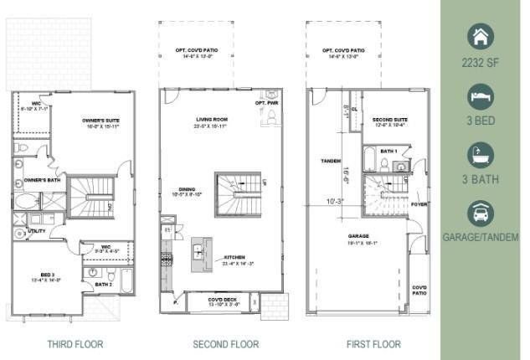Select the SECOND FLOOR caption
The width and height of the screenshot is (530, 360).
click(x=225, y=344)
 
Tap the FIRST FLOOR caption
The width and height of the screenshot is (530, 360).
click(x=373, y=344)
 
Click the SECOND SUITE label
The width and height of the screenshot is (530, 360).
click(x=389, y=120)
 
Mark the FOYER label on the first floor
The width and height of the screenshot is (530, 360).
click(x=419, y=203)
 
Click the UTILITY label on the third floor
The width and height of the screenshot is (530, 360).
click(x=36, y=230)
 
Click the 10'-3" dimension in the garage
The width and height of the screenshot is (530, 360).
click(x=334, y=201)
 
